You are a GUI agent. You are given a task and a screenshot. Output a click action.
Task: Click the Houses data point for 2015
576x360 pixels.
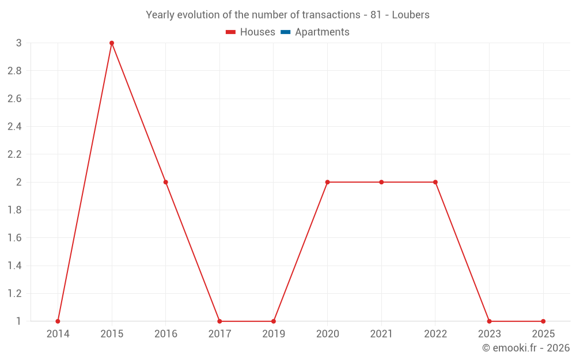(x=112, y=43)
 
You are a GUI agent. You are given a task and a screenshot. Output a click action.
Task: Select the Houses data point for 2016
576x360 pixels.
(x=166, y=182)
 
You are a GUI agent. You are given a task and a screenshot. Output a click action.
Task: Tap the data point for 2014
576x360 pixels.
(x=58, y=321)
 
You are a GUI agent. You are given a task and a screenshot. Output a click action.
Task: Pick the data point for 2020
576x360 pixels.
(x=327, y=182)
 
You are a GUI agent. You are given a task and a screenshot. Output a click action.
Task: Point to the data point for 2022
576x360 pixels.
(x=435, y=182)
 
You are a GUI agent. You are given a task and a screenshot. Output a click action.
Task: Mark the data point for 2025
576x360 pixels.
(x=543, y=321)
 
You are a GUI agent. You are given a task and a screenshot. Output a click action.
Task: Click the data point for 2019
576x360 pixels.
(x=274, y=321)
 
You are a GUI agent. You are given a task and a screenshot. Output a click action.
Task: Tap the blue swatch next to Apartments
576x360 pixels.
(x=285, y=32)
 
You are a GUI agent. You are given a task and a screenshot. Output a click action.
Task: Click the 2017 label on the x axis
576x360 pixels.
(x=219, y=334)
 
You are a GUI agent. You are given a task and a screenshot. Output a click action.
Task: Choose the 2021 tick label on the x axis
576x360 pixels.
(x=381, y=334)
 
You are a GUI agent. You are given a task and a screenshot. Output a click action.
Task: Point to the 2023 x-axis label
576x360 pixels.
(x=489, y=334)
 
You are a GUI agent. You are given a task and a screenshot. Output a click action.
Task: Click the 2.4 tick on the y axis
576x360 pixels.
(x=14, y=127)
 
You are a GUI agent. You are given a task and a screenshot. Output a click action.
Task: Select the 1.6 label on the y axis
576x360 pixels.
(x=14, y=238)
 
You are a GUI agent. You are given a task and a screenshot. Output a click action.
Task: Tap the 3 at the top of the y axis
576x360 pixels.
(x=19, y=43)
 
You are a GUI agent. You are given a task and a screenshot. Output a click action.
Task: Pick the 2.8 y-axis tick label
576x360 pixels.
(x=14, y=71)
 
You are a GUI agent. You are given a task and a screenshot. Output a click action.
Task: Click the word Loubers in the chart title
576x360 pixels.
(x=411, y=15)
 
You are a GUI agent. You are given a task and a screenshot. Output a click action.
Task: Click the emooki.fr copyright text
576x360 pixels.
(x=526, y=348)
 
